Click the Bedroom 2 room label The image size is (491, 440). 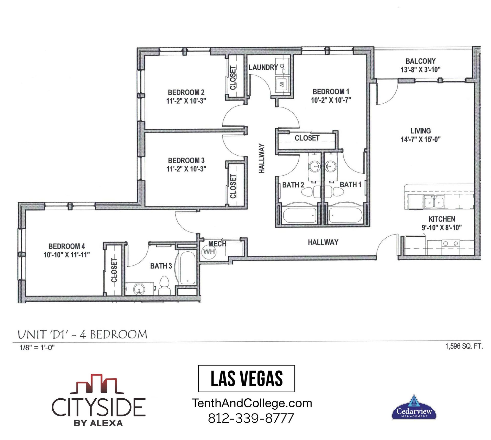[186, 92]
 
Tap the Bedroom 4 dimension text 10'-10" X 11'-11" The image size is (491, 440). [66, 255]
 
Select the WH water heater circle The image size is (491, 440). [209, 252]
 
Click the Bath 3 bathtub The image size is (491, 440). [187, 268]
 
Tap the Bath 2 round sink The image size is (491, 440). [315, 167]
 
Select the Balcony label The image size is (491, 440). [420, 61]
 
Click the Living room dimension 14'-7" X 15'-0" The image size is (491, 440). [420, 139]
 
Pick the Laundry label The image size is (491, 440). [263, 67]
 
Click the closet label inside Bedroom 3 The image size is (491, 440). [233, 186]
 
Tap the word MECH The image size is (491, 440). [217, 244]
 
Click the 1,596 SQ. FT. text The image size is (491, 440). [464, 346]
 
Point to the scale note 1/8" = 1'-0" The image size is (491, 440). [37, 348]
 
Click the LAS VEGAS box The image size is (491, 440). [247, 378]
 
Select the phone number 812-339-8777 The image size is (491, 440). [251, 418]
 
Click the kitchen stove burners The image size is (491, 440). [450, 243]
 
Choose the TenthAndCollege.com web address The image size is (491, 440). [252, 404]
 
